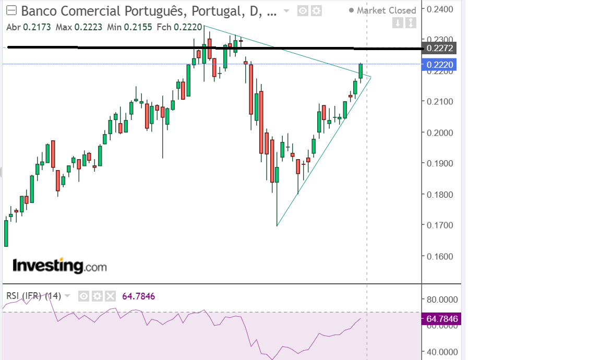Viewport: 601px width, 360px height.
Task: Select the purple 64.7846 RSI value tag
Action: [x=441, y=319]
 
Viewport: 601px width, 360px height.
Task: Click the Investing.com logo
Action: [x=59, y=266]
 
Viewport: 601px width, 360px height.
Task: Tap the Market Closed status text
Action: [x=386, y=10]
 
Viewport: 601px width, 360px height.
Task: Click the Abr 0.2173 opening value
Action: [x=28, y=27]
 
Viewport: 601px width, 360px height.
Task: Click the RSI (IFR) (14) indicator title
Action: [x=33, y=296]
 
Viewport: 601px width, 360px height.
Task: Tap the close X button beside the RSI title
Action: [x=110, y=296]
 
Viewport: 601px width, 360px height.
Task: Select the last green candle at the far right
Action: [x=360, y=71]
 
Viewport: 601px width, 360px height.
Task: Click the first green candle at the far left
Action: [x=6, y=233]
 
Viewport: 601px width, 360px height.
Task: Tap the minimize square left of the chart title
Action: [x=11, y=11]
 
